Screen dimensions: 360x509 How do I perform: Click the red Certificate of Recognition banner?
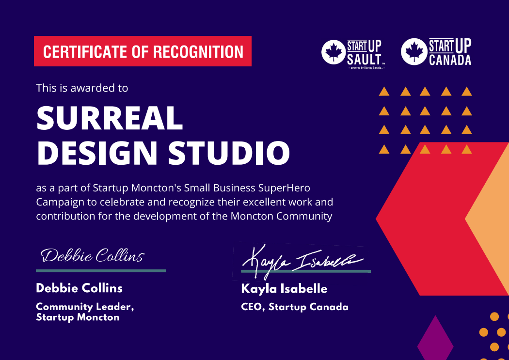143,51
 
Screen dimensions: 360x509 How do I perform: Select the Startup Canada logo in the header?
436,52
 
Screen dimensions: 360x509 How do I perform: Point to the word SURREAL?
110,118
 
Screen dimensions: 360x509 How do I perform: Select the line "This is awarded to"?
82,88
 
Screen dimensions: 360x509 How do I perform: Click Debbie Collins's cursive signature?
92,255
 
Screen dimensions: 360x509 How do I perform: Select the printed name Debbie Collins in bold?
79,288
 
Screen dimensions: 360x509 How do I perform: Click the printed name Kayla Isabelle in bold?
284,289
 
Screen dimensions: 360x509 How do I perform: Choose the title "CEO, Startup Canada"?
294,307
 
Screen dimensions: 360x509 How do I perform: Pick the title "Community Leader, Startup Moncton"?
84,312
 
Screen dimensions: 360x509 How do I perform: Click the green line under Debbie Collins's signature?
101,271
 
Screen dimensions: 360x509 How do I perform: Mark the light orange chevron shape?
490,220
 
